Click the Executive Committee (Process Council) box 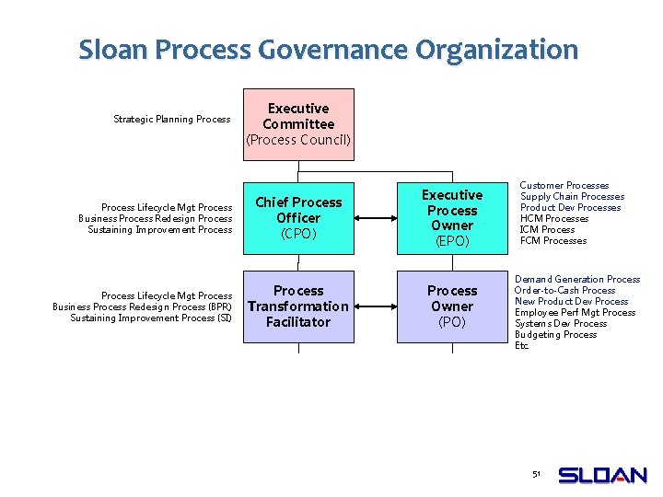(298, 124)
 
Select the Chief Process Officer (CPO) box (298, 218)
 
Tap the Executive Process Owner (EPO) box (452, 218)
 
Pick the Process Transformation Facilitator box (298, 306)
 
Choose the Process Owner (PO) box (452, 306)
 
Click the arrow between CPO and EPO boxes (376, 218)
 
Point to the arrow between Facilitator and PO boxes (376, 306)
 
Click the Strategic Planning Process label (171, 119)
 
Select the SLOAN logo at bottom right (603, 476)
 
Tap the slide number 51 (536, 474)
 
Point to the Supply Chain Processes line (572, 197)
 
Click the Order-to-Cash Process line (564, 291)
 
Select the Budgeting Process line (555, 335)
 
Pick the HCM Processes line (554, 219)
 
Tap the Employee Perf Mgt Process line (575, 313)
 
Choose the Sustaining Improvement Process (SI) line (151, 318)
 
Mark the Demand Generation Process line (576, 280)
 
